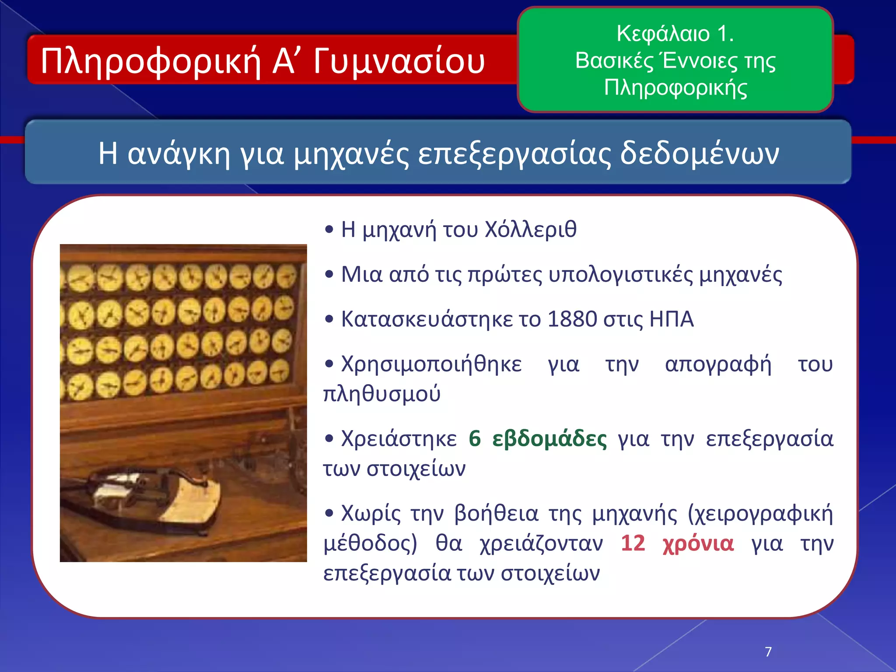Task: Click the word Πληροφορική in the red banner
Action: point(151,61)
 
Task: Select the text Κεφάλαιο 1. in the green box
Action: point(675,34)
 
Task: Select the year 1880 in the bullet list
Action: point(572,319)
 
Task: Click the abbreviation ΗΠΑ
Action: point(672,319)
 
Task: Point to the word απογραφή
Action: point(718,364)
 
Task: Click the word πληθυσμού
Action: point(381,393)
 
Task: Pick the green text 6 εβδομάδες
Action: point(538,439)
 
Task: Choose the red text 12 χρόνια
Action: point(677,543)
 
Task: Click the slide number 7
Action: point(768,652)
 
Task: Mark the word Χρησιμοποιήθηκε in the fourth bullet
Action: point(431,364)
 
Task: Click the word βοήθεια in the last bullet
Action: point(496,514)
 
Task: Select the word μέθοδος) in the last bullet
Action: point(370,543)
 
